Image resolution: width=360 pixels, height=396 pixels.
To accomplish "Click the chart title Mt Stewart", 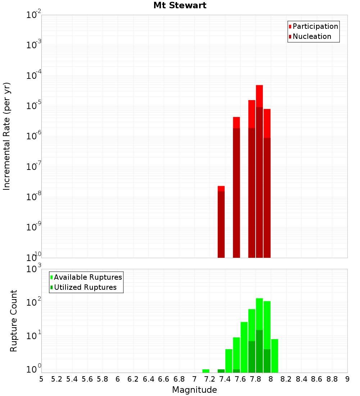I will coord(180,5).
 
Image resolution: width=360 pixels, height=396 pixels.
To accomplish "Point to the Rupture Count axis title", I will coord(14,321).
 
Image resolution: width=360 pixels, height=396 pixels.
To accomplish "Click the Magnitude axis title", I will coord(194,390).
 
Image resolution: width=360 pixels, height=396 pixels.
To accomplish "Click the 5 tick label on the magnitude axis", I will coord(41,379).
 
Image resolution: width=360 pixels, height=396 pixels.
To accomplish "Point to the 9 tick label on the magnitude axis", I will coord(347,379).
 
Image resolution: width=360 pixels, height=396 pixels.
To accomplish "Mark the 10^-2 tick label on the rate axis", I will coord(34,15).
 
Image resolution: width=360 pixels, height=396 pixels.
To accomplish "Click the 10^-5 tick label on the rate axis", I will coord(34,106).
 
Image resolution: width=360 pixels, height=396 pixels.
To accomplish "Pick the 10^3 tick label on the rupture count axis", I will coord(35,269).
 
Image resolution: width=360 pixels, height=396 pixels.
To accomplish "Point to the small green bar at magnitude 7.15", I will coord(206,371).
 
